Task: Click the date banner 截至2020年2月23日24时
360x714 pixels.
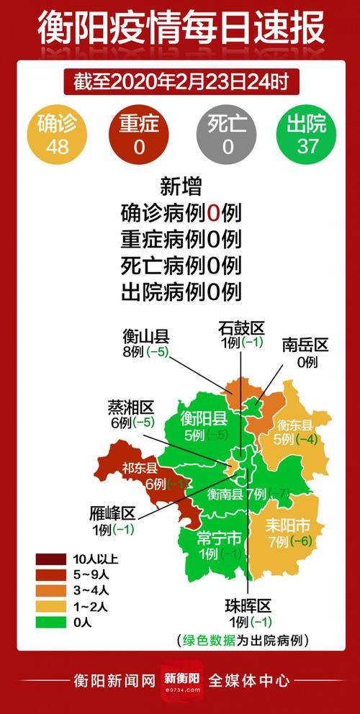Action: (180, 81)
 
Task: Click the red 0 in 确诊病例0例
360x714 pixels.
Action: (213, 213)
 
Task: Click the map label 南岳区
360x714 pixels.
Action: (305, 345)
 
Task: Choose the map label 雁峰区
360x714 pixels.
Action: (113, 513)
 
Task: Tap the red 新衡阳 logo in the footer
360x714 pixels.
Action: (179, 681)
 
